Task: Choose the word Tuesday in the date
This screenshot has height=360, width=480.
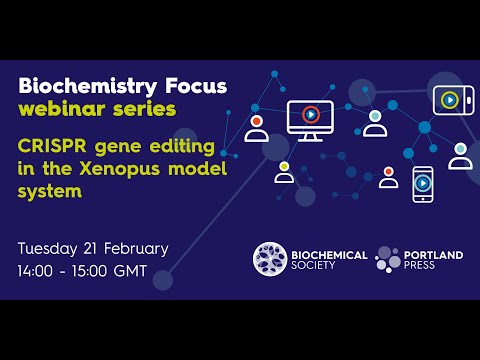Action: tap(51, 248)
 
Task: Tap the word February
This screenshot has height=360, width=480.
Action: tap(141, 248)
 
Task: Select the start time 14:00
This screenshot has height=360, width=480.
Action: tap(38, 271)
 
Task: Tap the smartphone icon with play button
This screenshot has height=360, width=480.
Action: tap(424, 183)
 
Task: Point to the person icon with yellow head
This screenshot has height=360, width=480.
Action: tap(284, 171)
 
